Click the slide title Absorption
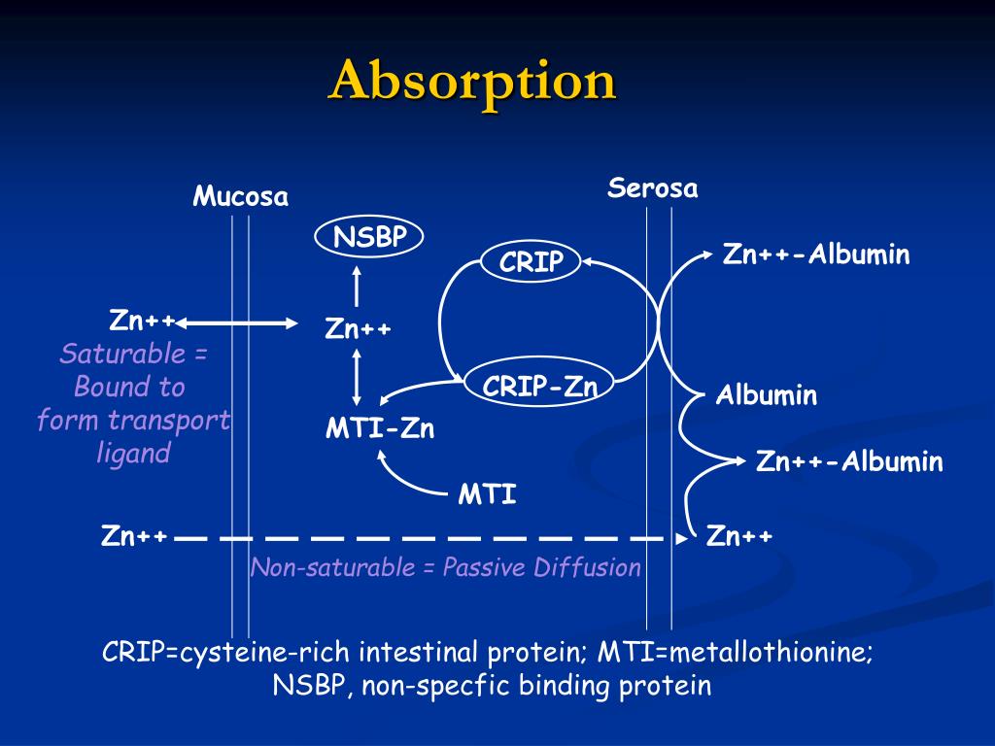click(472, 81)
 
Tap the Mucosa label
click(240, 197)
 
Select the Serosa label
click(653, 188)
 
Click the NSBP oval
click(370, 237)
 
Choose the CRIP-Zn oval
click(540, 387)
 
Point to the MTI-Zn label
click(380, 428)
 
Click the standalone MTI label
click(488, 495)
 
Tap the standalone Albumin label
click(767, 396)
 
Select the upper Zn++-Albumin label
click(816, 255)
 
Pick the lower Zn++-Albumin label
click(849, 461)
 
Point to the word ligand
click(133, 453)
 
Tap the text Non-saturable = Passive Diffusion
click(446, 567)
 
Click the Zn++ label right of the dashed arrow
click(739, 536)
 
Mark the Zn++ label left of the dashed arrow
click(134, 536)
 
